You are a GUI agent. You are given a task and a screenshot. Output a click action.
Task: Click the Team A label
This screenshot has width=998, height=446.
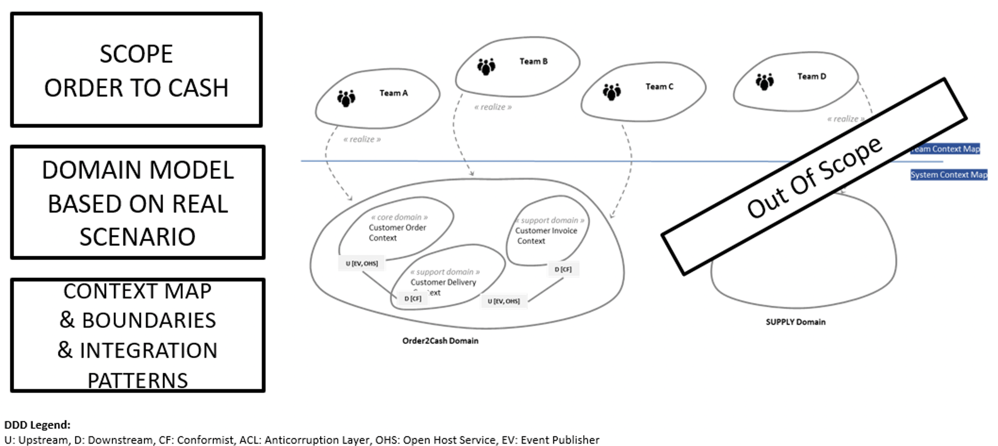point(393,93)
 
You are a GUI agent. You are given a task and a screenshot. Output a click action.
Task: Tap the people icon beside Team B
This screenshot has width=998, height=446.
point(486,67)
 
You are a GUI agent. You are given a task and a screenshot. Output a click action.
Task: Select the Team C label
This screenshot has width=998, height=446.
point(659,87)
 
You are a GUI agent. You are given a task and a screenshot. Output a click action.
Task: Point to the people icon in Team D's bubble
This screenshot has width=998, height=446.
point(764,82)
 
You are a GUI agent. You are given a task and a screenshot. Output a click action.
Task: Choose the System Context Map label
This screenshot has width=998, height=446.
point(949,175)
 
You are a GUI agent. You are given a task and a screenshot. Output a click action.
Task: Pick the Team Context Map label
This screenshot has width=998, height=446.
point(946,149)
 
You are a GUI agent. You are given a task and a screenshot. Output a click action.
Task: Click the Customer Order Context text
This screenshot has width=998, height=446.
point(397,233)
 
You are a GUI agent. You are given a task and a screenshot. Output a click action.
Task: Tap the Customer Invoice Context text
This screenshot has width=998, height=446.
point(546,235)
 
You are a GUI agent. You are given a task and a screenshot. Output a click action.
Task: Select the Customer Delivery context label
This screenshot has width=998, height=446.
point(443,282)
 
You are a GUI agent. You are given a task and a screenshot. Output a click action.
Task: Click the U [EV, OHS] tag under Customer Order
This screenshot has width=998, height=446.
point(362,263)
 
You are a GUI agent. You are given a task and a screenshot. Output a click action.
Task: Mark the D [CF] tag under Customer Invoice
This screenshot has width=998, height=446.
point(563,270)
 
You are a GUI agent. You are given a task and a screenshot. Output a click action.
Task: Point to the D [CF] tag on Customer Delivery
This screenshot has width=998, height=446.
point(413,299)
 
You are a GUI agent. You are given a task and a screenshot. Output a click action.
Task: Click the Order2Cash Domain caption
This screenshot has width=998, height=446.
point(440,341)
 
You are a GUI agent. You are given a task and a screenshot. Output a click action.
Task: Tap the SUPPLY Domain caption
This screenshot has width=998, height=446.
point(795,322)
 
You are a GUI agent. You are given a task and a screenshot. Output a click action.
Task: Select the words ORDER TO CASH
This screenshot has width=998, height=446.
point(136,88)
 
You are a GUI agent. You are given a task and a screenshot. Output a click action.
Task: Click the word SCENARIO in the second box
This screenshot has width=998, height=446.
point(137,237)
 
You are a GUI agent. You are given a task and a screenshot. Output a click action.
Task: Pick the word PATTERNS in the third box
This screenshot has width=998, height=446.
point(138,380)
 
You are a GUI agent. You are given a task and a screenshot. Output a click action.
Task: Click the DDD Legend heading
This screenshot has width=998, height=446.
point(37,425)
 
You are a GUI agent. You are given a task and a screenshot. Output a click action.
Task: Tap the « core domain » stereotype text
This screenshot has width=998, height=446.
point(399,217)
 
